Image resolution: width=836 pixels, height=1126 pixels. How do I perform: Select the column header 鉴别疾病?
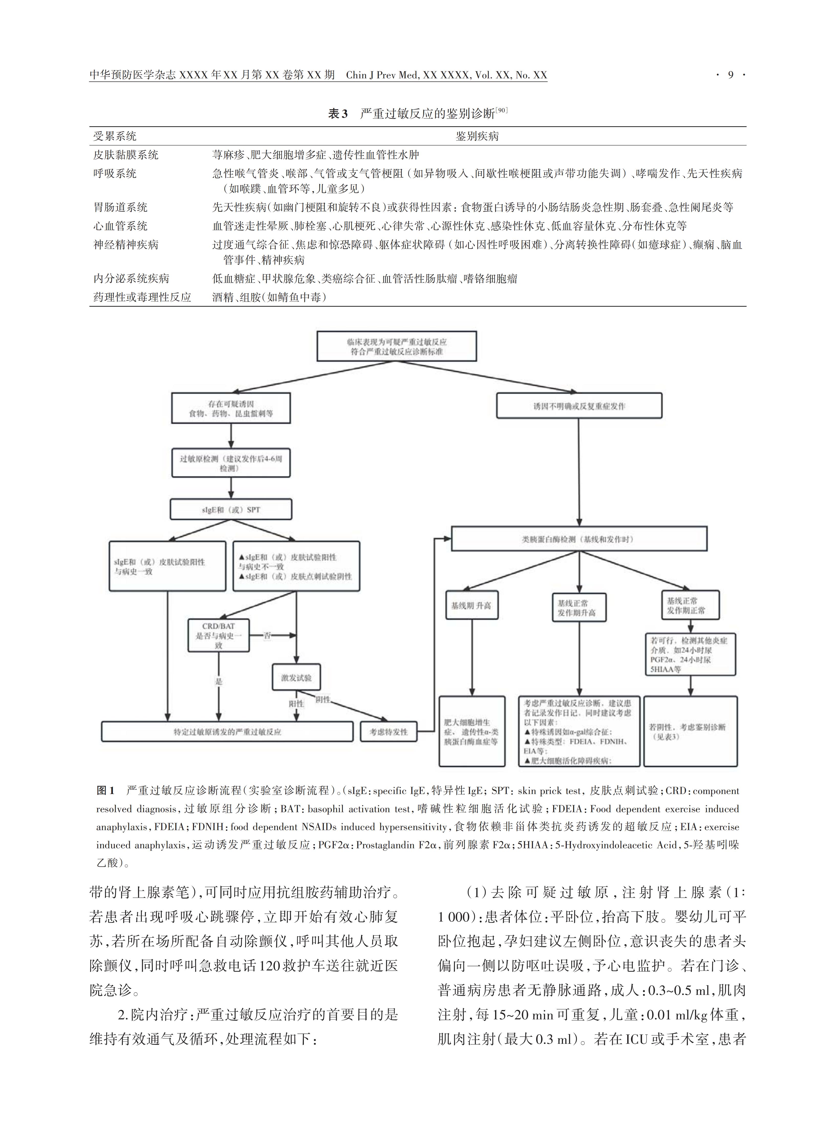[x=477, y=136]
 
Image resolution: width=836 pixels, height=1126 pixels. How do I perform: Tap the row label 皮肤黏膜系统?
[x=126, y=155]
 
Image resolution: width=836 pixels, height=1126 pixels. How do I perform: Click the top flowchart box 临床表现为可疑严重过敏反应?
[x=397, y=347]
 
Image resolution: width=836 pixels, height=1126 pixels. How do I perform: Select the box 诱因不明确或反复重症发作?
[x=579, y=406]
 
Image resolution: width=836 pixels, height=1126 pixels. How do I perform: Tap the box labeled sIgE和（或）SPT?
[x=231, y=510]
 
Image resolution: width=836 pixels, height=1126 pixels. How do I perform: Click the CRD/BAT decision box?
[x=219, y=636]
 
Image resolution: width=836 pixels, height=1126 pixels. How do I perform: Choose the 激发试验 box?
[x=296, y=678]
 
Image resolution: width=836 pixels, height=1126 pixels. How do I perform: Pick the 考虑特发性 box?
[x=388, y=732]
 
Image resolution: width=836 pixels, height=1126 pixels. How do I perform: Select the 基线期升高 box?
[x=472, y=605]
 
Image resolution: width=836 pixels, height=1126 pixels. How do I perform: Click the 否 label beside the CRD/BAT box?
[x=267, y=636]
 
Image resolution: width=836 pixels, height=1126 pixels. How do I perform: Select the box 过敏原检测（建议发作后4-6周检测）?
[x=231, y=463]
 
